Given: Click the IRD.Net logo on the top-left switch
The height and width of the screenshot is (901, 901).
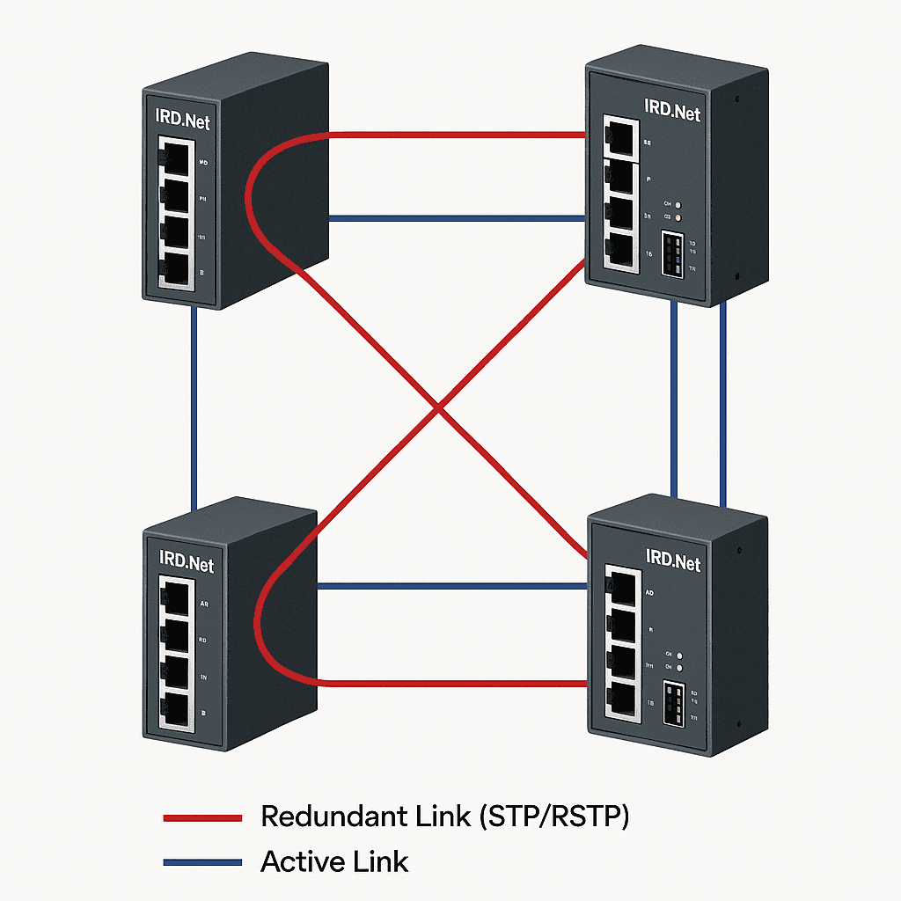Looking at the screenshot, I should click(x=183, y=121).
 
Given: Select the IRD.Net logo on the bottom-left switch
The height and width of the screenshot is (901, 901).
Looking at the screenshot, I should click(x=186, y=560).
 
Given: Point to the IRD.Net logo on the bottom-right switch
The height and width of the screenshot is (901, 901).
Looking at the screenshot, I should click(x=673, y=560).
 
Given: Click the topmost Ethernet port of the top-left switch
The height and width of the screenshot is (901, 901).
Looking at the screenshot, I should click(x=178, y=158).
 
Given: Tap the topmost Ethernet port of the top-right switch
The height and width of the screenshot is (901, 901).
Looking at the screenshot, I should click(x=621, y=136).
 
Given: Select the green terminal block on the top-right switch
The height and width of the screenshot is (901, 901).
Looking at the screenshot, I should click(x=672, y=256).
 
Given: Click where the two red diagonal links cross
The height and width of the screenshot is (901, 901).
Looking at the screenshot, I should click(x=437, y=407).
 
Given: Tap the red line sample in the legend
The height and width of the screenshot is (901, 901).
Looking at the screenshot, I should click(x=202, y=818).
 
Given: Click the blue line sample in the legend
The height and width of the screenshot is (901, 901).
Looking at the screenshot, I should click(x=202, y=863).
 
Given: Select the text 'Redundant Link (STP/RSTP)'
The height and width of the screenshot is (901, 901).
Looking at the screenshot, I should click(x=445, y=817).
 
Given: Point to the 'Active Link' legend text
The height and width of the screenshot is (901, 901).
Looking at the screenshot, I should click(x=334, y=861).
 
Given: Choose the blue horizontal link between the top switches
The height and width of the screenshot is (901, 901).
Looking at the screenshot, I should click(x=458, y=217).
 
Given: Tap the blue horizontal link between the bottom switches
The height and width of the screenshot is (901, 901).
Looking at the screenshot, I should click(x=453, y=585).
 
